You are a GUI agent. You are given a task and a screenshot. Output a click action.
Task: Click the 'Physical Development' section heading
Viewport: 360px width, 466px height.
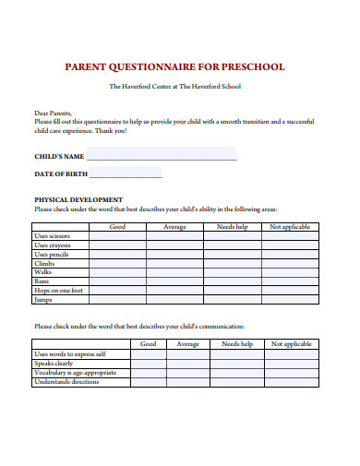click(78, 199)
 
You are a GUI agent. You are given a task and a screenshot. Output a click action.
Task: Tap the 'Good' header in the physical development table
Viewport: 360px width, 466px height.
click(118, 226)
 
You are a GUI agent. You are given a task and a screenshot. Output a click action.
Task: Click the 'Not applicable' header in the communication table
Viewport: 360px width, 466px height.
click(291, 343)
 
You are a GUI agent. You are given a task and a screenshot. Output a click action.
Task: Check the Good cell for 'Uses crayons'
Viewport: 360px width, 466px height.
click(118, 245)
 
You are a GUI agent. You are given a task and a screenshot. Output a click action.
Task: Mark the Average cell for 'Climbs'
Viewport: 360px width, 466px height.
click(174, 263)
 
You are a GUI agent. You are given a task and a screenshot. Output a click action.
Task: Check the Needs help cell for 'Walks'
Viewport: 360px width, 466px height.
click(232, 272)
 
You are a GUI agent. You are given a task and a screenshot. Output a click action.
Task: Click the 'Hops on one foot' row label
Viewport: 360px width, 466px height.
click(59, 291)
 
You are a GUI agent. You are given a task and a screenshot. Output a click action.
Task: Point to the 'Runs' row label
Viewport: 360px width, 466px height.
click(42, 281)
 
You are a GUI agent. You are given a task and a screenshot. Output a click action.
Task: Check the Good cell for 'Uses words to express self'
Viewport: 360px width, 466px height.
click(148, 353)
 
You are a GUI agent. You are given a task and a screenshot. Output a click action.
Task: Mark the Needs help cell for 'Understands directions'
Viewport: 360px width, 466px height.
click(237, 381)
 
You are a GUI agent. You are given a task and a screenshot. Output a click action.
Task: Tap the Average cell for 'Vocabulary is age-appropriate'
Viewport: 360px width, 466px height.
click(187, 372)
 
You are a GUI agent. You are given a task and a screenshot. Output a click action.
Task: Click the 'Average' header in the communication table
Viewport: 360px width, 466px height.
click(187, 343)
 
